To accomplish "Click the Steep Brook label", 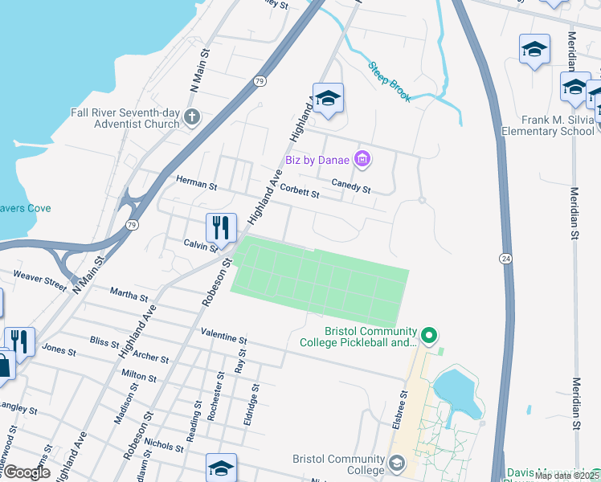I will coord(390,82).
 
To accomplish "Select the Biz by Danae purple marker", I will coord(362,159).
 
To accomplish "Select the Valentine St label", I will coord(223,336).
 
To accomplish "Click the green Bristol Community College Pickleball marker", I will coord(429,333).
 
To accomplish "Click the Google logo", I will coord(26,472).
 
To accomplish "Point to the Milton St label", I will coord(138,375).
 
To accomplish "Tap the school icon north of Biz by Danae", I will coord(328,100).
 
